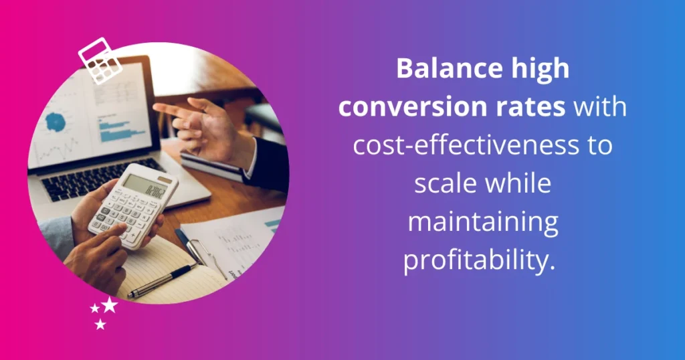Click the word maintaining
[x=482, y=222]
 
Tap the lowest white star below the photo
[x=100, y=325]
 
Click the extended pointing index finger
[x=167, y=109]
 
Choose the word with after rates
[x=601, y=106]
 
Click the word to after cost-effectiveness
[x=599, y=145]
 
